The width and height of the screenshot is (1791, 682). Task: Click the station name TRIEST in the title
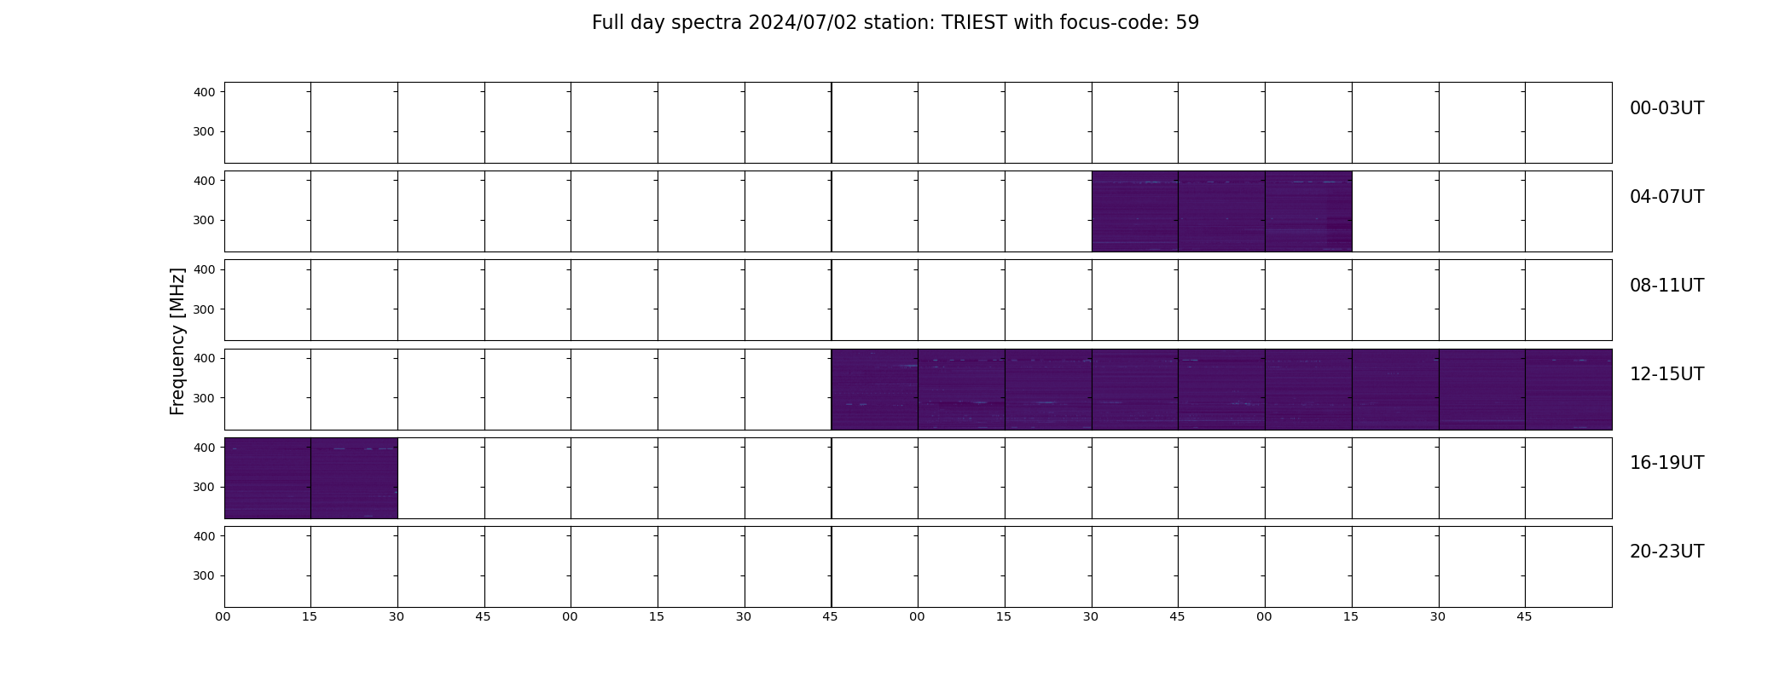(x=974, y=23)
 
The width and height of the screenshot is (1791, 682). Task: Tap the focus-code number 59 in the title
(x=1187, y=23)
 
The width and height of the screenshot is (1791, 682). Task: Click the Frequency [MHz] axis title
(x=177, y=341)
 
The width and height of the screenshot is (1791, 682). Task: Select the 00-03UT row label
(x=1666, y=108)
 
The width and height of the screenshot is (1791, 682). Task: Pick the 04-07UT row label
(x=1666, y=197)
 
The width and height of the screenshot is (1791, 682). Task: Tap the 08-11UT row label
(x=1666, y=286)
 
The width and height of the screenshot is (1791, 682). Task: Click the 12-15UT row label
(x=1666, y=374)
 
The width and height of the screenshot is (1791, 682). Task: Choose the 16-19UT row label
(x=1666, y=463)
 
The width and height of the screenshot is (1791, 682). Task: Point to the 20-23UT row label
(x=1666, y=552)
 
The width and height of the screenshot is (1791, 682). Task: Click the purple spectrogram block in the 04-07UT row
(x=1221, y=211)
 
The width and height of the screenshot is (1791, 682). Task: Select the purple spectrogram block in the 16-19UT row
(x=310, y=478)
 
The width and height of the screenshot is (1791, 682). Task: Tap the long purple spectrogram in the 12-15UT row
(x=1221, y=390)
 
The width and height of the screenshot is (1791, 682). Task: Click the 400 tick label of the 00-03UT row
(x=204, y=92)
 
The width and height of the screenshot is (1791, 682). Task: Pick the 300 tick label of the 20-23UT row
(x=204, y=575)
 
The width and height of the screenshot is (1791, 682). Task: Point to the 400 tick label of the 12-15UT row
(x=204, y=358)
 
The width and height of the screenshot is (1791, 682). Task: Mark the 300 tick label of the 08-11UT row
(x=204, y=309)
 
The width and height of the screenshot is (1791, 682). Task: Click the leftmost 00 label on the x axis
(x=223, y=616)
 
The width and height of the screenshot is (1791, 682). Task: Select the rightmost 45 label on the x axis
(x=1524, y=616)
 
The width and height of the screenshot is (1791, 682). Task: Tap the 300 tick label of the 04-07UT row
(x=204, y=220)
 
